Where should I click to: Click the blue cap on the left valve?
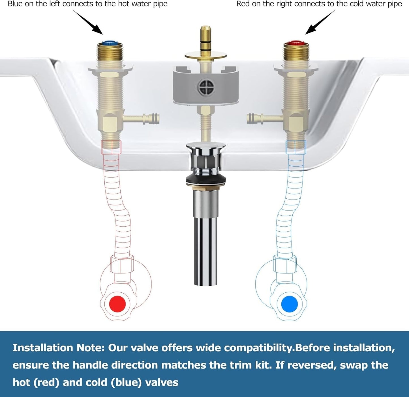[110, 44]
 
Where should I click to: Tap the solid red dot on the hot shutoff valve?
[117, 303]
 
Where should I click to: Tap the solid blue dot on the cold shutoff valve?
[289, 303]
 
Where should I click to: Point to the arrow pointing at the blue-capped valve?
[88, 22]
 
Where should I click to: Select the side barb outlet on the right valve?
[265, 119]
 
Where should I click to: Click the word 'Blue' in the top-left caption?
[15, 4]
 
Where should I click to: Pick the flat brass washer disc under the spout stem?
[206, 56]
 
